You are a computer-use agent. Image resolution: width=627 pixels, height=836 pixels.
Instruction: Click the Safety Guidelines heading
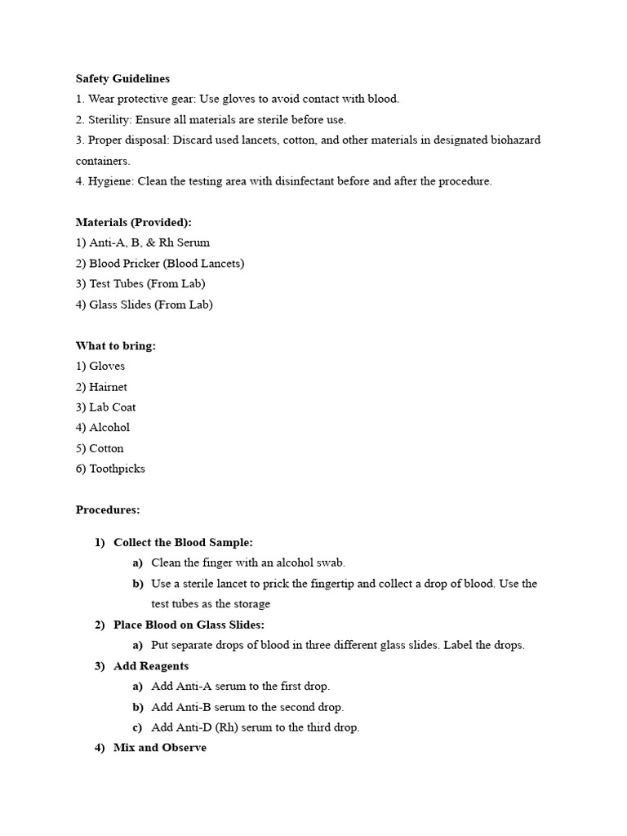(x=122, y=78)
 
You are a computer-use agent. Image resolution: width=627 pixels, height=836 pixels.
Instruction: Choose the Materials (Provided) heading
(x=134, y=222)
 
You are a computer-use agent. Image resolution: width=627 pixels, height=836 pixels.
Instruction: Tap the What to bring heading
(x=116, y=345)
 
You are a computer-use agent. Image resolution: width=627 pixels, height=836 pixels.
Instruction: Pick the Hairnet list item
(x=108, y=387)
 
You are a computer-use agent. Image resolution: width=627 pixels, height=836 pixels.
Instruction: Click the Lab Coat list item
(x=113, y=407)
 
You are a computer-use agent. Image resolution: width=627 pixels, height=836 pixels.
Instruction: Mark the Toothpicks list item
(x=117, y=469)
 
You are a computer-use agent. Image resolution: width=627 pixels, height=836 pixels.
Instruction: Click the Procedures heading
(x=108, y=509)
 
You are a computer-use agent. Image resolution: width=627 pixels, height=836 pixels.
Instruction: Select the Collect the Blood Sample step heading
(x=183, y=542)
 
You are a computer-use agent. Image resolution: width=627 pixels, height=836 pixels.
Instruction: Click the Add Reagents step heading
(x=151, y=666)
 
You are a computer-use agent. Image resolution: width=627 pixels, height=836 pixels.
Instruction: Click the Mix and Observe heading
(x=160, y=748)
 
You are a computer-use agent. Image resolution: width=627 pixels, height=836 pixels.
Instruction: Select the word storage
(x=251, y=604)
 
